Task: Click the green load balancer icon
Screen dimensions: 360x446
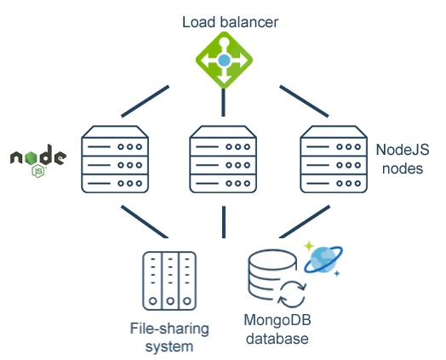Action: pyautogui.click(x=224, y=60)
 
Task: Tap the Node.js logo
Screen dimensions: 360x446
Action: pyautogui.click(x=37, y=159)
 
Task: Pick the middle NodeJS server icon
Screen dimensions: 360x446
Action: pyautogui.click(x=223, y=160)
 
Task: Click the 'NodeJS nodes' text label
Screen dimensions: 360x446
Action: pyautogui.click(x=402, y=158)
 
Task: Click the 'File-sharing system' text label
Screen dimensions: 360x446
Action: pyautogui.click(x=169, y=337)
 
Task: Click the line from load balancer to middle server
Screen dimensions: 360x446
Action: pyautogui.click(x=223, y=102)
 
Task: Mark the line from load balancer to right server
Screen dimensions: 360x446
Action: pyautogui.click(x=299, y=100)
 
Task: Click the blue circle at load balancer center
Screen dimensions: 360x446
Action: pyautogui.click(x=224, y=60)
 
